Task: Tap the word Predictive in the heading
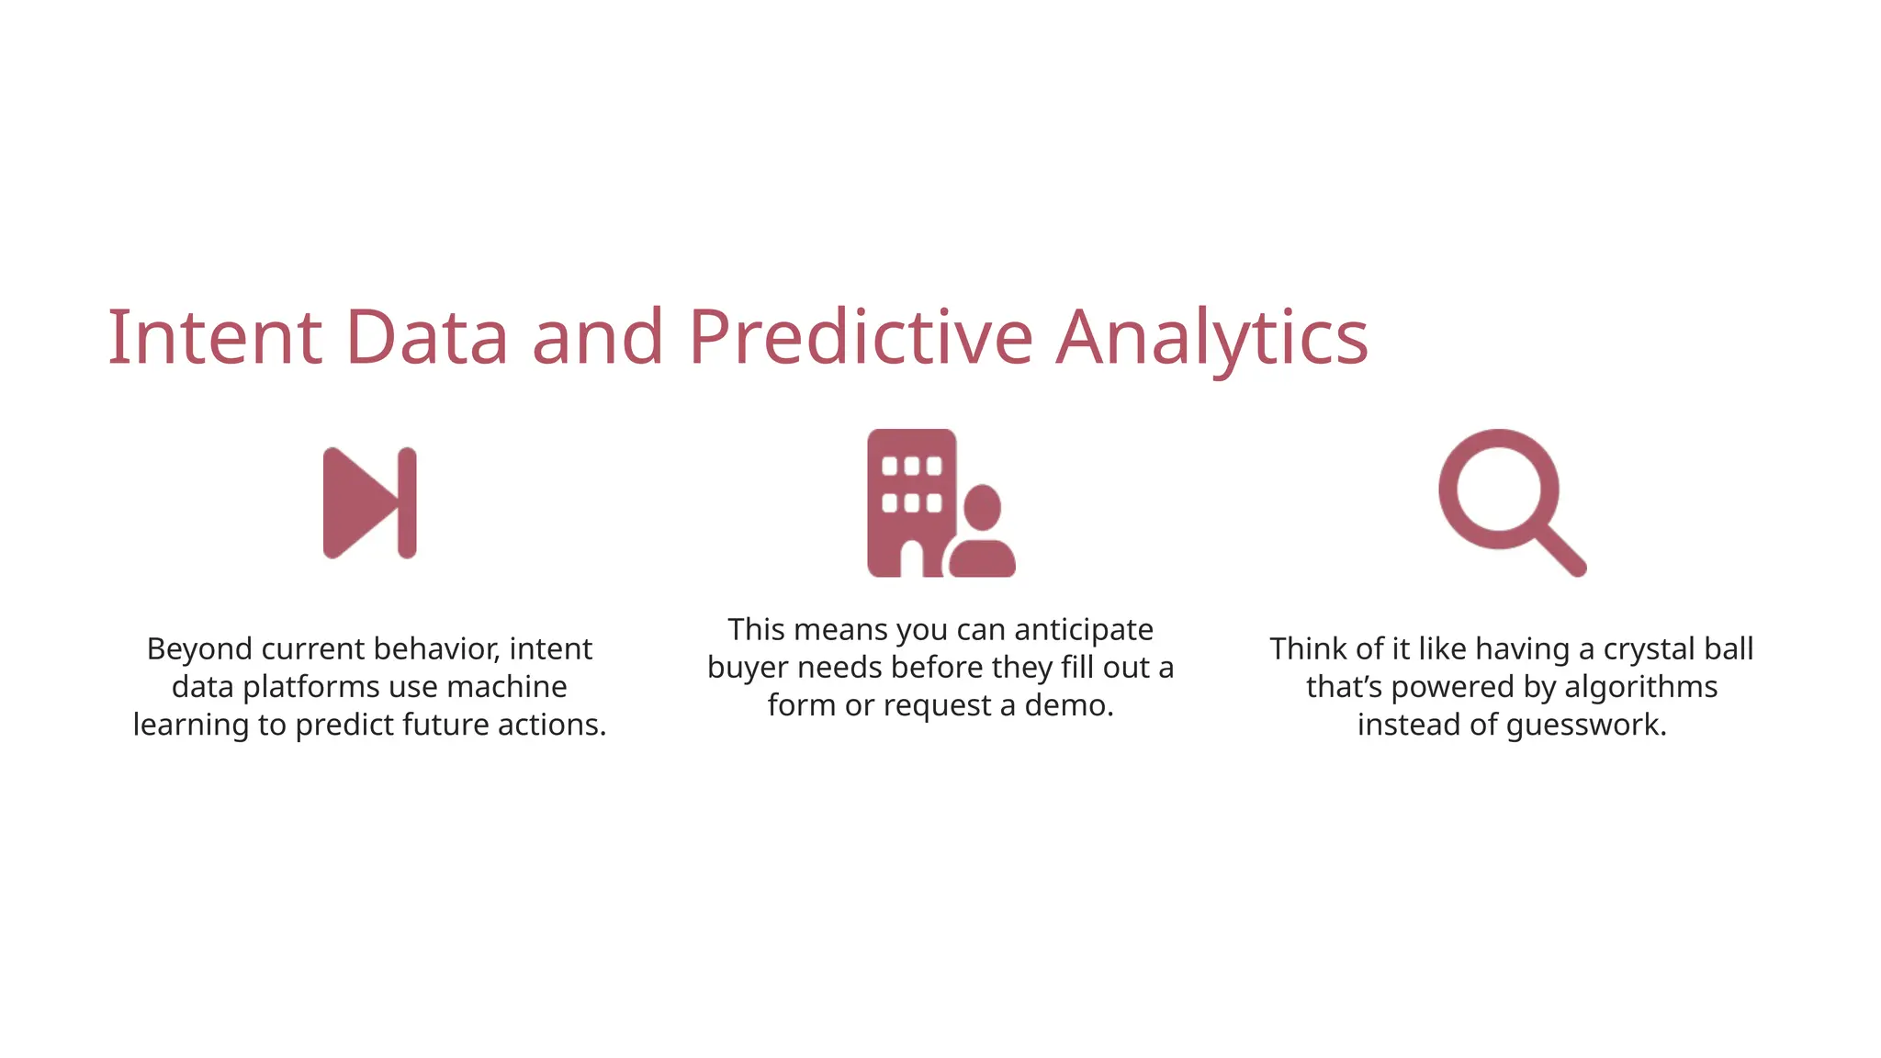point(861,337)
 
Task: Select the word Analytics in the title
point(1211,337)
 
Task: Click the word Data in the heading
point(426,337)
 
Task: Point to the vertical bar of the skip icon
point(407,503)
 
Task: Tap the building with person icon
point(940,503)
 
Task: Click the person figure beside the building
point(982,533)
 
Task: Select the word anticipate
point(1084,630)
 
